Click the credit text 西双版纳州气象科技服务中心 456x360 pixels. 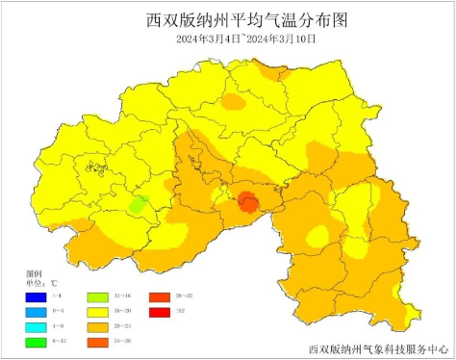(379, 348)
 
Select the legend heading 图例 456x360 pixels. (33, 274)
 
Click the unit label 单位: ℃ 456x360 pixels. (41, 284)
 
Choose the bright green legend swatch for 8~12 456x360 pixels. (36, 344)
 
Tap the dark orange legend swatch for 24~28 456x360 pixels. (97, 344)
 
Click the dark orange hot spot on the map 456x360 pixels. (248, 202)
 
